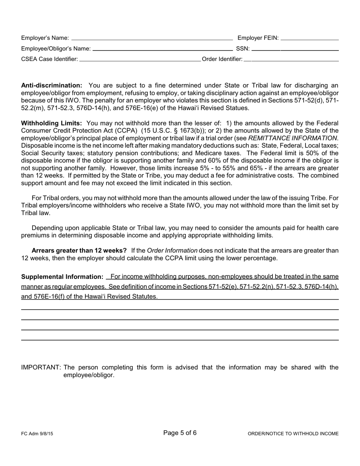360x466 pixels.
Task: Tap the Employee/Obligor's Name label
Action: coord(56,48)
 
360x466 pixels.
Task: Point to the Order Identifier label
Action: coord(222,59)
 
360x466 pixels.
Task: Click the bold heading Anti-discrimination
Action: coord(52,86)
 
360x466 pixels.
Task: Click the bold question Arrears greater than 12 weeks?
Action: coord(79,251)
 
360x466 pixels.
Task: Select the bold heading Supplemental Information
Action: coord(62,277)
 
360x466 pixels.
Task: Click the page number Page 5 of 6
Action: coord(180,433)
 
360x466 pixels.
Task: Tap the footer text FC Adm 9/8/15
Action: coord(37,434)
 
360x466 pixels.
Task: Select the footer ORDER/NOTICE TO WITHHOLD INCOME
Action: coord(293,434)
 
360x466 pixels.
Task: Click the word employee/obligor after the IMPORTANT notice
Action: coord(89,375)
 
